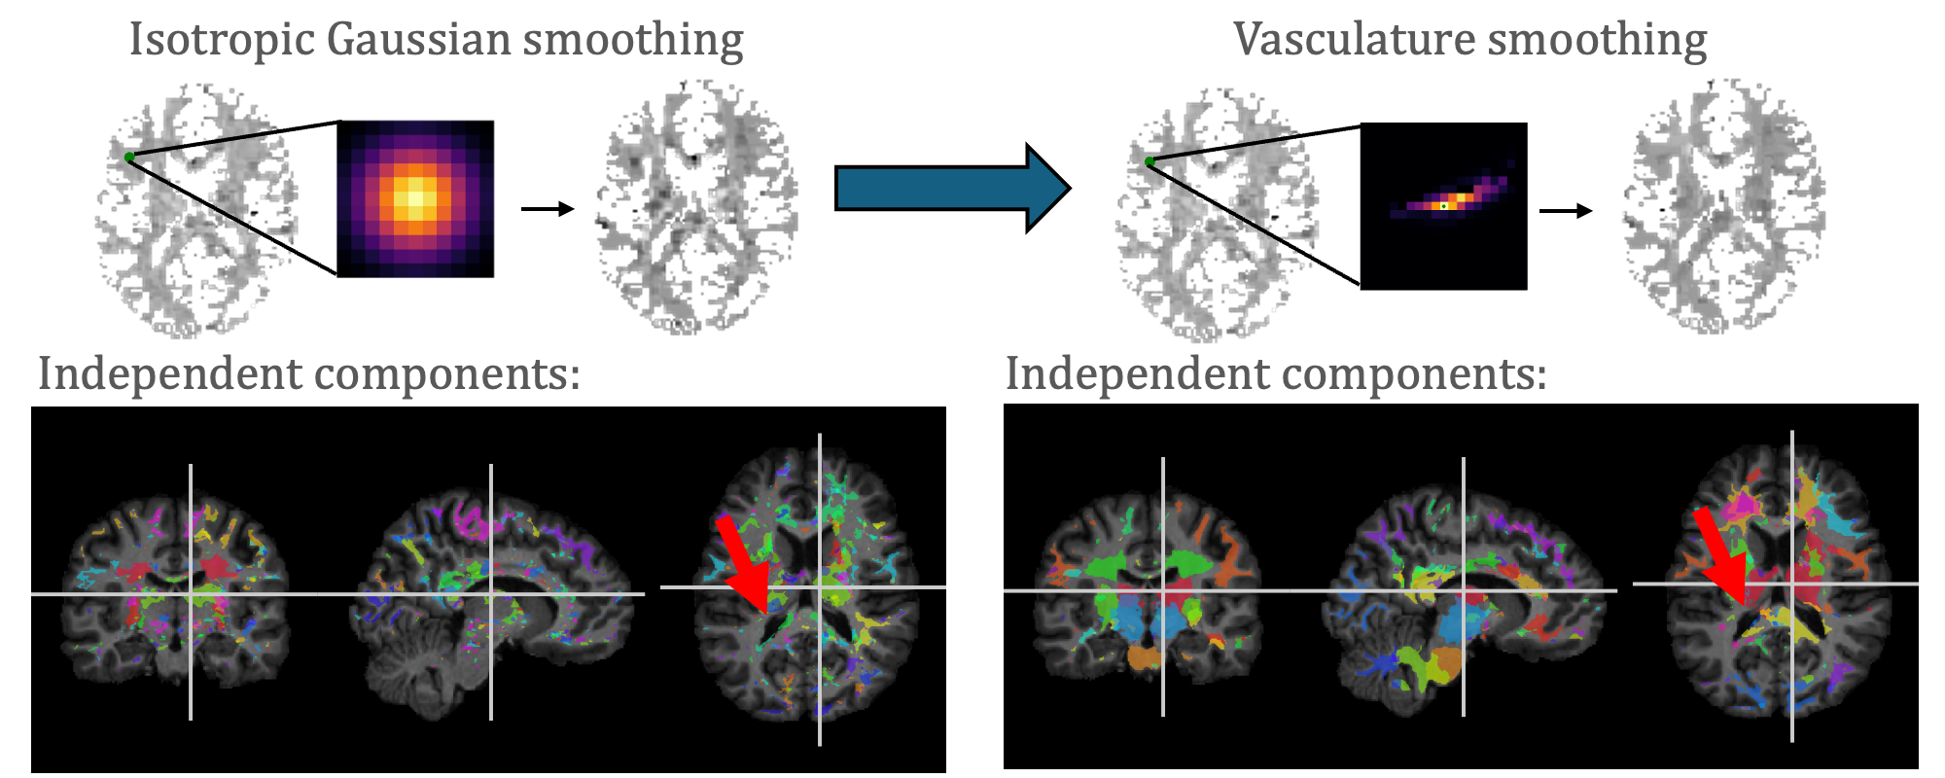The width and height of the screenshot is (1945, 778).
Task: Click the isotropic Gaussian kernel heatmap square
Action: click(x=415, y=198)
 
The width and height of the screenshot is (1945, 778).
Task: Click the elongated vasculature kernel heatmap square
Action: click(x=1443, y=206)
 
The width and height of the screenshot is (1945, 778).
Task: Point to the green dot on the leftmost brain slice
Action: click(x=129, y=157)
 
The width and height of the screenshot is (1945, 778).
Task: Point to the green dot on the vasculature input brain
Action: click(x=1149, y=161)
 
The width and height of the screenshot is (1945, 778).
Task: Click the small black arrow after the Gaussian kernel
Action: click(x=548, y=208)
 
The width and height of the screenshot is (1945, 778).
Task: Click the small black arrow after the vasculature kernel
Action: click(x=1566, y=210)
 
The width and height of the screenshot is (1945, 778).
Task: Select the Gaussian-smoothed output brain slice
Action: click(x=696, y=208)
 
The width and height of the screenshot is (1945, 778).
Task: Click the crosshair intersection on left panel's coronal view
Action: click(x=191, y=593)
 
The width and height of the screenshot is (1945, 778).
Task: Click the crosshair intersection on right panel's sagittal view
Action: click(x=1464, y=590)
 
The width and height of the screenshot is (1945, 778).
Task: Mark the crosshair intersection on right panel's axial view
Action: click(x=1792, y=583)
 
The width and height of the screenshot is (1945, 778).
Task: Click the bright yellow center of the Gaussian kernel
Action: click(x=415, y=198)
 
